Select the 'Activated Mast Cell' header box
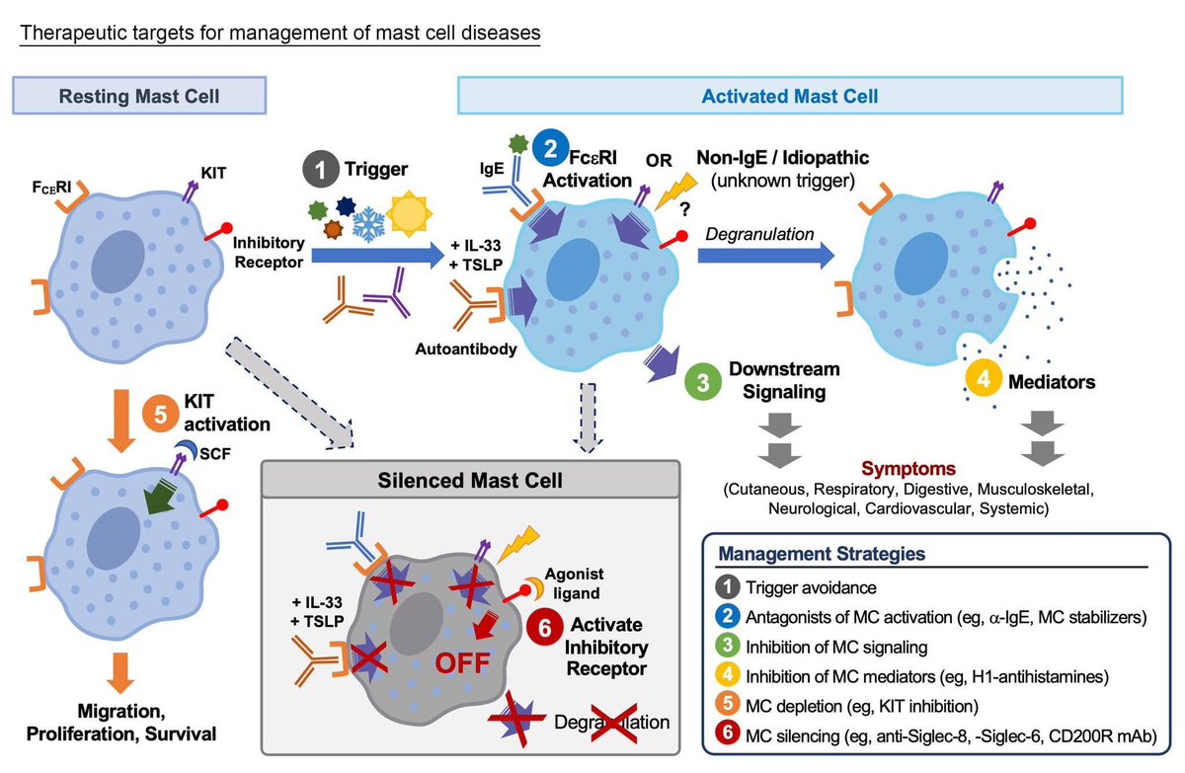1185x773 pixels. [x=789, y=97]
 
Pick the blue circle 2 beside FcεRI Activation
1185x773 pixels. [x=551, y=151]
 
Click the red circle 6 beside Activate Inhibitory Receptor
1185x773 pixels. [x=545, y=626]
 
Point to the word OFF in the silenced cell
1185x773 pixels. [x=456, y=662]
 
